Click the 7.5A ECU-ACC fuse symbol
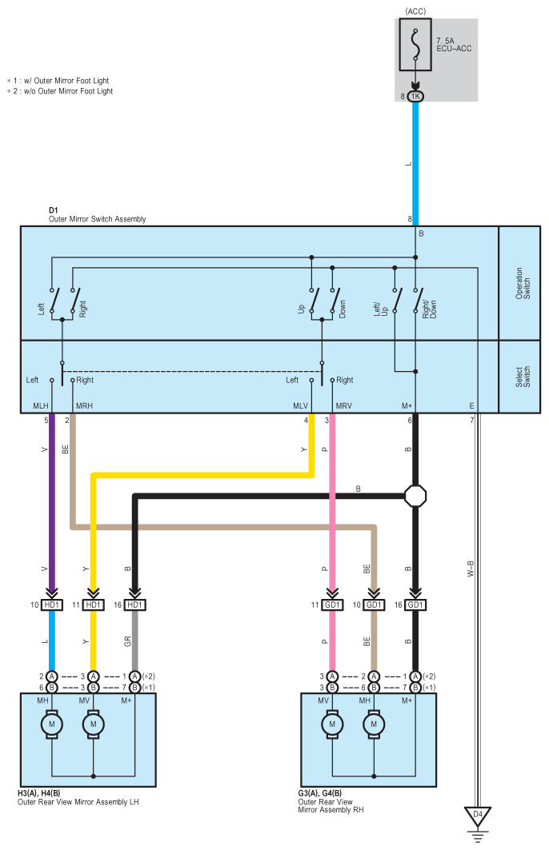click(415, 45)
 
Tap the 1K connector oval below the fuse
click(415, 97)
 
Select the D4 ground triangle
click(478, 816)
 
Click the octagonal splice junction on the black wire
click(415, 496)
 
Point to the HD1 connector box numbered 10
click(51, 605)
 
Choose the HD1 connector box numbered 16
click(134, 605)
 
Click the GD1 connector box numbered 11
click(332, 605)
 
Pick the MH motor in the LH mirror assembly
click(52, 724)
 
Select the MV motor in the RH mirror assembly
click(332, 724)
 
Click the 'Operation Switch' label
click(523, 283)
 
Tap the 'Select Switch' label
click(523, 377)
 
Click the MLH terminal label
click(41, 405)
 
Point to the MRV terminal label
click(344, 405)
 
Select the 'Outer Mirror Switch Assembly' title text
click(97, 219)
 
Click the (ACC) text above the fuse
click(415, 11)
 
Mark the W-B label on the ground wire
click(471, 569)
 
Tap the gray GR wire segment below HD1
click(134, 640)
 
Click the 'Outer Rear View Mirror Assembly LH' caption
click(78, 802)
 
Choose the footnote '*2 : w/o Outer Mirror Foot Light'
click(60, 91)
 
